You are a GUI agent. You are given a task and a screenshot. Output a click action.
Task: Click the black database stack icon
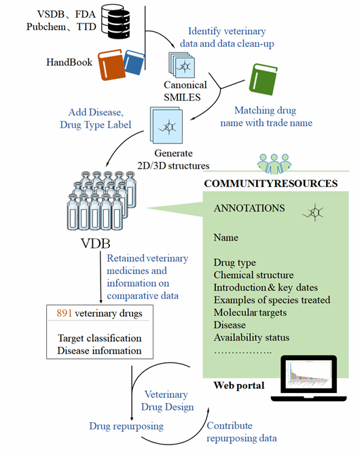pos(116,22)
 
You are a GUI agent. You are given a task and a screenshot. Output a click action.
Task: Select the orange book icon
pos(111,65)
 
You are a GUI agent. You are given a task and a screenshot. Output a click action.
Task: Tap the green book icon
pos(263,80)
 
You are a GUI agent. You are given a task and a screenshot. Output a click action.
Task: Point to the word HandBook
pos(69,63)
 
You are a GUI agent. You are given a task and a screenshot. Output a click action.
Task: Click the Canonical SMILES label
pos(185,91)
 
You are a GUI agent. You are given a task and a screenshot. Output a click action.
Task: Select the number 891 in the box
pos(65,313)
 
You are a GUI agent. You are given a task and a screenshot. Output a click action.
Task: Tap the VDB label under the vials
pos(96,243)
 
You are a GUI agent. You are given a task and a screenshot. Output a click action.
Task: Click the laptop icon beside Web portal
pos(308,378)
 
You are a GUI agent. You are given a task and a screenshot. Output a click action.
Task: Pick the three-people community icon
pos(274,164)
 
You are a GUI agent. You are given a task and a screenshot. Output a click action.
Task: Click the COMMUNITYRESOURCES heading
pos(271,184)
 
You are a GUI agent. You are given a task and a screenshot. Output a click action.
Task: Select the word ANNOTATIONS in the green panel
pos(249,208)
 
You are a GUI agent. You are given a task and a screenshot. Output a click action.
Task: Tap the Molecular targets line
pos(250,313)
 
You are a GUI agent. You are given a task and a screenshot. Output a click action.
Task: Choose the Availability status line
pos(251,337)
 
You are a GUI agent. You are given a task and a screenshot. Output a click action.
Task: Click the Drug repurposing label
pos(126,426)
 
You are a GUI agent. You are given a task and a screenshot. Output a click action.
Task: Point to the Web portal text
pos(239,385)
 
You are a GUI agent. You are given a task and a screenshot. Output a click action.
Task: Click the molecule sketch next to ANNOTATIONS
pos(313,213)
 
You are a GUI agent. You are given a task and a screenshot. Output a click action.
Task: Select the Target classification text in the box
pos(100,338)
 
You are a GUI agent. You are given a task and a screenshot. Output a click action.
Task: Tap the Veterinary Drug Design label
pos(167,400)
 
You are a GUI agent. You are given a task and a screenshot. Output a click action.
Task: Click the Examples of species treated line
pos(272,300)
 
